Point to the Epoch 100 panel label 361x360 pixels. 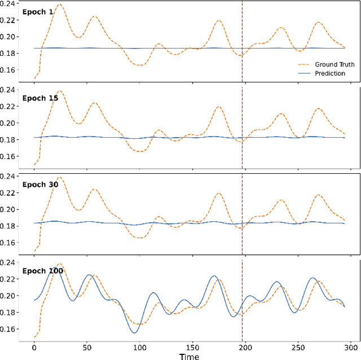[42, 271]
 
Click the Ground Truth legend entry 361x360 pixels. [334, 64]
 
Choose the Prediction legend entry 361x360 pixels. [330, 73]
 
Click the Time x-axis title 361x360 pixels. [189, 355]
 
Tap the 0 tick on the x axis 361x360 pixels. [34, 347]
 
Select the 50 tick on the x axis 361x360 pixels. [87, 347]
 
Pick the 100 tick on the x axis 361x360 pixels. [139, 347]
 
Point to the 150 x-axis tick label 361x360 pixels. [192, 347]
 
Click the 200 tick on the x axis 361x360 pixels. [245, 347]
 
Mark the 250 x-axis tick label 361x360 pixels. [298, 347]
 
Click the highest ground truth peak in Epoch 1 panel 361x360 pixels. [59, 5]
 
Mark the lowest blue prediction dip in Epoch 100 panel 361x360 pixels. [135, 332]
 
